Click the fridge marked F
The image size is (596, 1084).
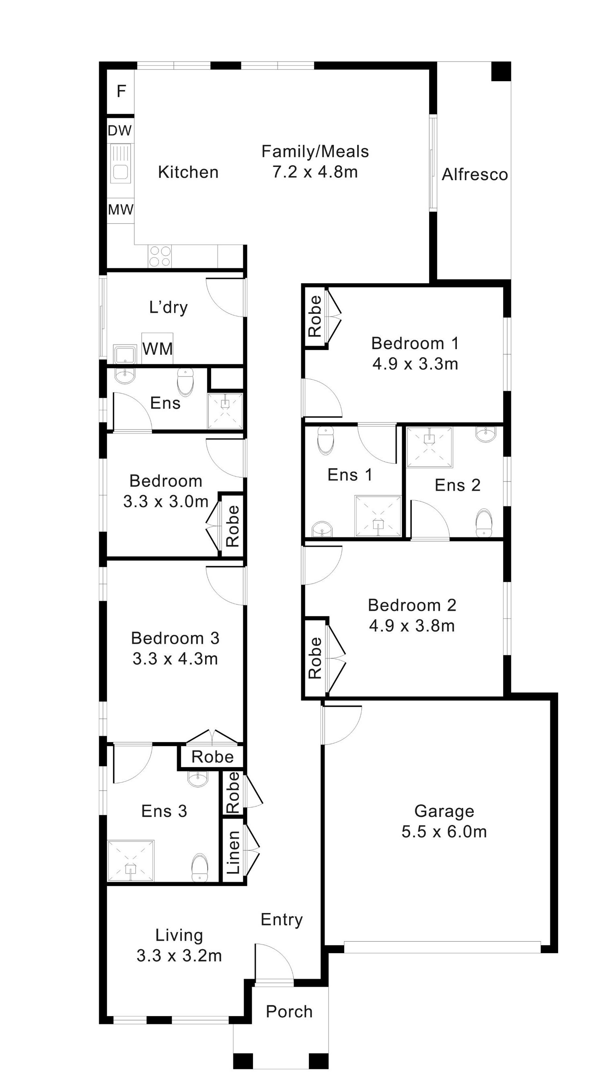(x=121, y=91)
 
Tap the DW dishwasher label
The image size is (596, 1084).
(x=120, y=131)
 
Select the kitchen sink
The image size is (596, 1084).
(x=121, y=164)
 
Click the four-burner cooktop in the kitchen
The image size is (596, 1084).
(x=160, y=256)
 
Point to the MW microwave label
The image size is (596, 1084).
(x=121, y=210)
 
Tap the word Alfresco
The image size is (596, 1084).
(x=475, y=175)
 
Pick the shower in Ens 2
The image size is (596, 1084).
(x=430, y=447)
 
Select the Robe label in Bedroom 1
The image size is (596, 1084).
(x=315, y=316)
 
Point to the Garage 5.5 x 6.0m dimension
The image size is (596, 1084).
(x=444, y=832)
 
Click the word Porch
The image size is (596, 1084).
(x=290, y=1012)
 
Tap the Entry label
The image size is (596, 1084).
(x=282, y=920)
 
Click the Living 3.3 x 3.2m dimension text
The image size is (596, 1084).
(x=179, y=956)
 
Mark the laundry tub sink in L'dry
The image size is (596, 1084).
(x=125, y=354)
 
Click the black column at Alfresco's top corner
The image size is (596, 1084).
(x=501, y=71)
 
